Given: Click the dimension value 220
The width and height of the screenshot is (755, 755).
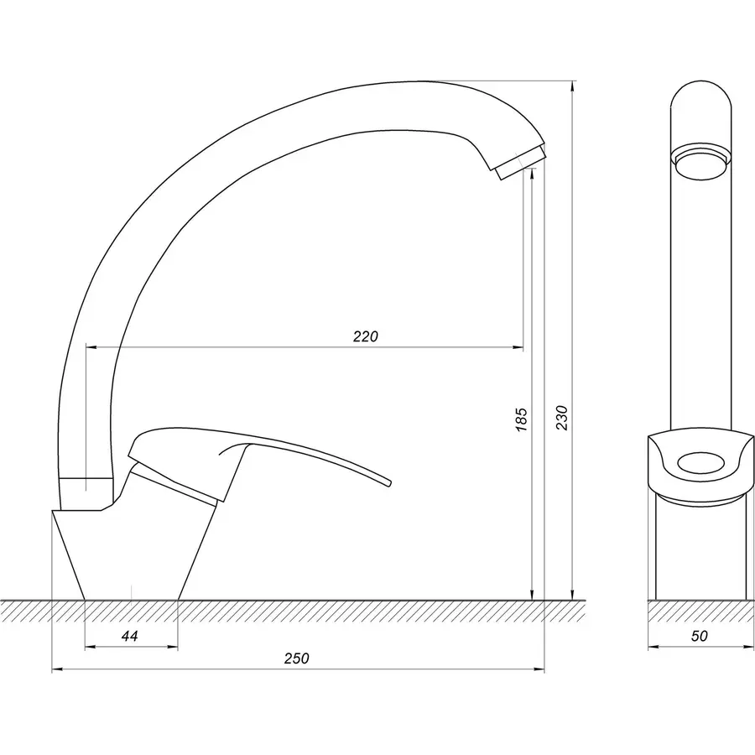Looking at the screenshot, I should click(x=366, y=336).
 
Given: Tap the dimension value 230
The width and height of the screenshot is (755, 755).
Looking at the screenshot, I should click(x=562, y=418).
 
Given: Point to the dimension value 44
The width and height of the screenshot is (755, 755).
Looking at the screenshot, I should click(x=129, y=637).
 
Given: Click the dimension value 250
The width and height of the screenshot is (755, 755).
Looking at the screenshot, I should click(x=296, y=659).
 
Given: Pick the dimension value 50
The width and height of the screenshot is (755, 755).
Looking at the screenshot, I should click(x=700, y=637).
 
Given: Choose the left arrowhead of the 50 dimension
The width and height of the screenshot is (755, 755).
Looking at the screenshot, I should click(x=653, y=647).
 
